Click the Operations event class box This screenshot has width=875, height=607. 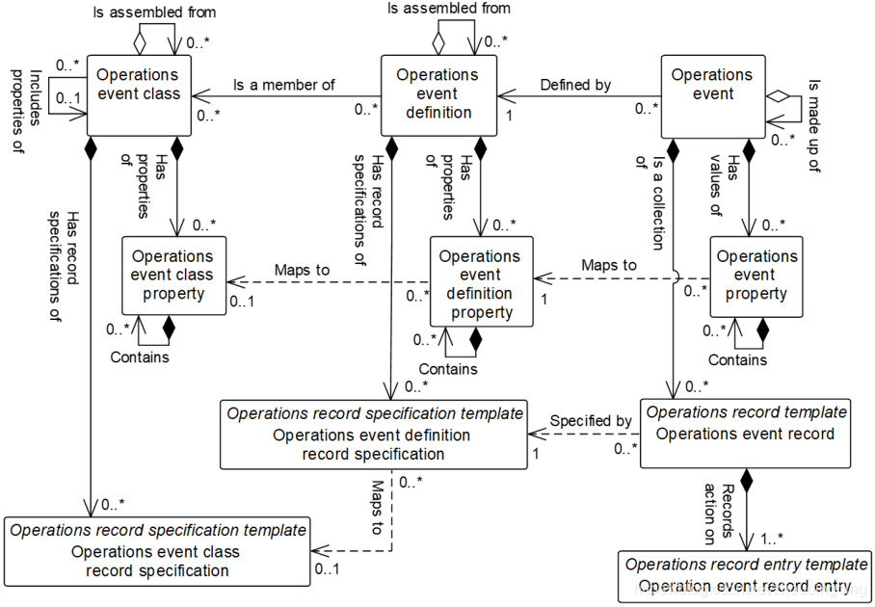coord(139,94)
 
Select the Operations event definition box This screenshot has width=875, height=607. coord(438,94)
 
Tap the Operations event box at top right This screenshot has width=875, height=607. coord(712,96)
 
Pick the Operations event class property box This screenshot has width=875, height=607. coord(174,276)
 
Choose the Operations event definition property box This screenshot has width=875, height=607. coord(481,281)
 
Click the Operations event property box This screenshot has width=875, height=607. coord(756,277)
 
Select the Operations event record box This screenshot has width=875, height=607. coord(745,433)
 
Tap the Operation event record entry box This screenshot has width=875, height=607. coord(746,576)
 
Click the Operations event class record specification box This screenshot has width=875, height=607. coord(157,551)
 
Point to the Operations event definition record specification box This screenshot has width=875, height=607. coord(373,434)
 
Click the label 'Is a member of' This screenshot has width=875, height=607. coord(284,85)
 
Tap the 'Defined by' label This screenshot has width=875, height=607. coord(575,85)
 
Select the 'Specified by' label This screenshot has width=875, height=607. coord(591,421)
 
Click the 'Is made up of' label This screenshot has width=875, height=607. coord(813,125)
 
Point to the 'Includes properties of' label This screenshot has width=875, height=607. coord(27,112)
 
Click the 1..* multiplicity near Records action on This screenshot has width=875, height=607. coord(772,539)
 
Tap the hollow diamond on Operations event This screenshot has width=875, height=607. coord(778,96)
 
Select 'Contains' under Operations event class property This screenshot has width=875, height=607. coord(140,357)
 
